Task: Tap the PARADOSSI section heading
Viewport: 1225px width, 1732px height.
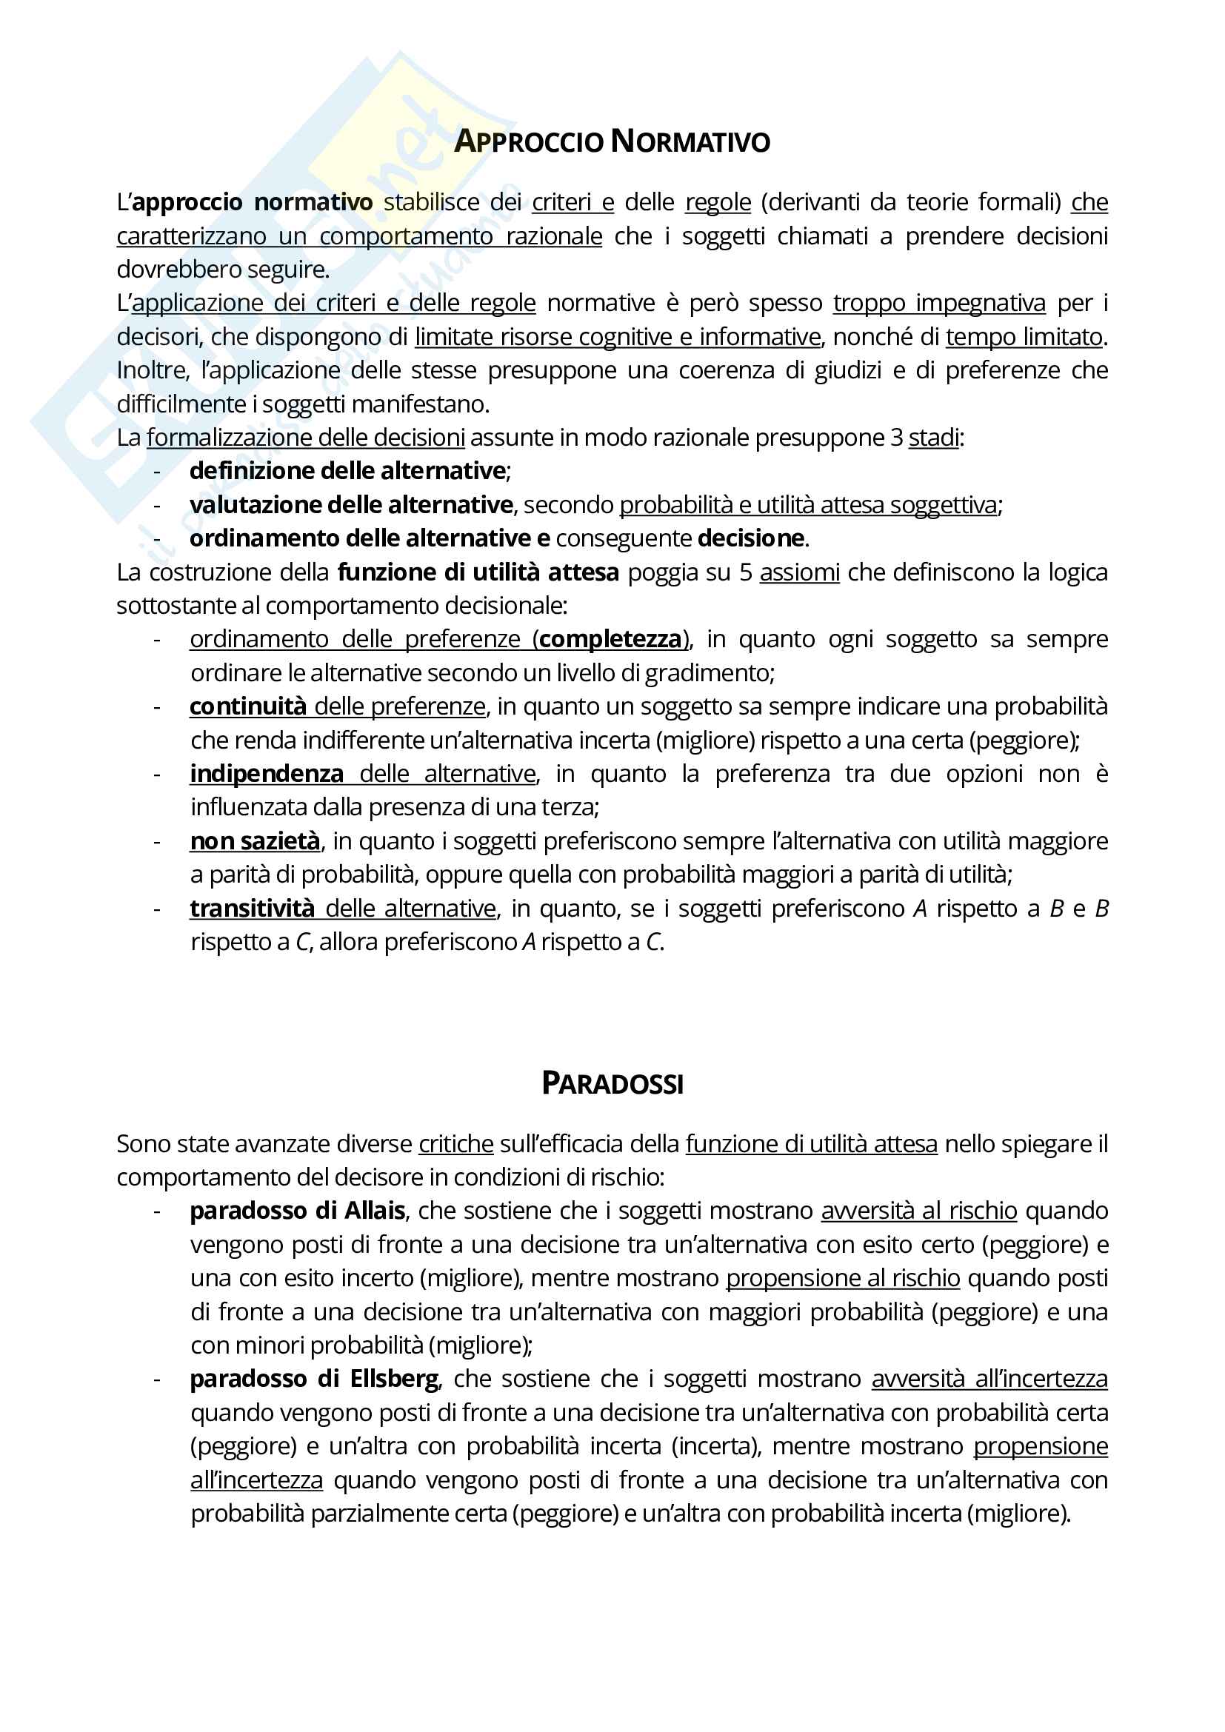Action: point(612,1084)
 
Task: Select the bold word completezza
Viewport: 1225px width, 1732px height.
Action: point(610,639)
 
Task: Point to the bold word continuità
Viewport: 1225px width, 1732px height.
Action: point(247,707)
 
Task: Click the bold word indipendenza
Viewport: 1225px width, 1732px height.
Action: point(267,774)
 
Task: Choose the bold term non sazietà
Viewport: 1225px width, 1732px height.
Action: point(255,841)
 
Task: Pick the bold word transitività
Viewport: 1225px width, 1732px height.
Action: point(252,909)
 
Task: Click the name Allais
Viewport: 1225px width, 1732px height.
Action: point(375,1211)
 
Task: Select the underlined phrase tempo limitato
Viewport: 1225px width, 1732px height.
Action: point(1024,336)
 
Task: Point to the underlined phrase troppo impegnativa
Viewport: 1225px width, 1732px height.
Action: point(939,304)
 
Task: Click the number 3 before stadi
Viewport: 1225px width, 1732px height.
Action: point(896,438)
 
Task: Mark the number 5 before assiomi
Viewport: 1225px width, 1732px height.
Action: point(745,572)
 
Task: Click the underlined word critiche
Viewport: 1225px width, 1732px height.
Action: point(455,1144)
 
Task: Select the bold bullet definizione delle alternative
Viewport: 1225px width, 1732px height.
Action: point(347,471)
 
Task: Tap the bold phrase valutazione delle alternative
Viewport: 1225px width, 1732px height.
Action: point(351,505)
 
